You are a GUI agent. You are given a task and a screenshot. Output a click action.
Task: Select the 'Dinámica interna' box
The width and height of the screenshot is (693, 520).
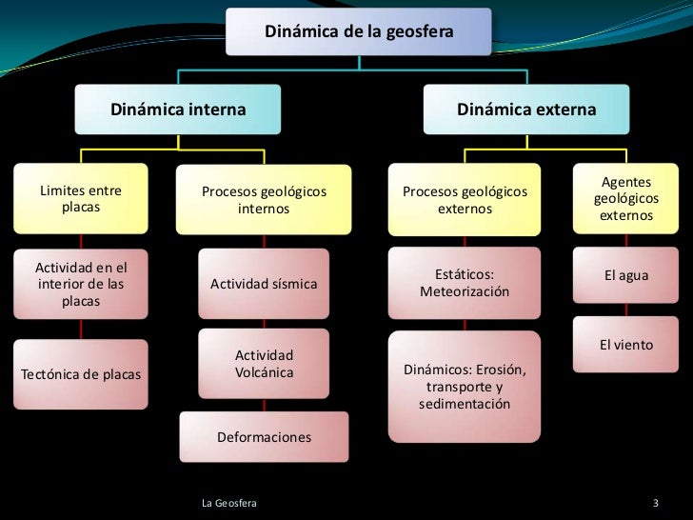tap(179, 110)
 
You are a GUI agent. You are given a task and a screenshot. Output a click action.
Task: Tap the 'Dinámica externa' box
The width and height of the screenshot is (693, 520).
tap(526, 110)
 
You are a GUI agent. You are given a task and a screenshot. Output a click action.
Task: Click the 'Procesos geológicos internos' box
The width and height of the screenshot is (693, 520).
tap(264, 199)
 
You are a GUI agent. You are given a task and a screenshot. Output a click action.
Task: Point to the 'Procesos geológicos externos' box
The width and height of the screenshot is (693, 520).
tap(465, 199)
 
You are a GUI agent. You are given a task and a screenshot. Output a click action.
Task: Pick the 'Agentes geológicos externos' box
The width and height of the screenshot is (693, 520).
tap(625, 199)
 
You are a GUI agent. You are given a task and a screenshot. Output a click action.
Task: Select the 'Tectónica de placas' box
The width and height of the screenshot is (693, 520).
tap(80, 371)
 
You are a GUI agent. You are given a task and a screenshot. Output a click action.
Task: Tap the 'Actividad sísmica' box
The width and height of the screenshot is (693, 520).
tap(264, 284)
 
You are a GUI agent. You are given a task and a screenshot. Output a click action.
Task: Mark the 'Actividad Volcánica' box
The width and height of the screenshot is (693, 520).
tap(264, 363)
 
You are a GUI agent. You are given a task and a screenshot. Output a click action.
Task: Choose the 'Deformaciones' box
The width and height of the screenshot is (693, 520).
tap(264, 437)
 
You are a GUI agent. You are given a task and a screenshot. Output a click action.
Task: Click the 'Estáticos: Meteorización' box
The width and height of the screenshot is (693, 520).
tap(465, 282)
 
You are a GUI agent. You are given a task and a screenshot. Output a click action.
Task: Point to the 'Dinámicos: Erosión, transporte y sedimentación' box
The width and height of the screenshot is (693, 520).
tap(465, 387)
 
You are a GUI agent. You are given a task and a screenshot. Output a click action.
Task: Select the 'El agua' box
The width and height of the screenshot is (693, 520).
tap(626, 276)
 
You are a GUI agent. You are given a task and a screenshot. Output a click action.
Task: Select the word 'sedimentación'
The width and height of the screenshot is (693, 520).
tap(465, 405)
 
